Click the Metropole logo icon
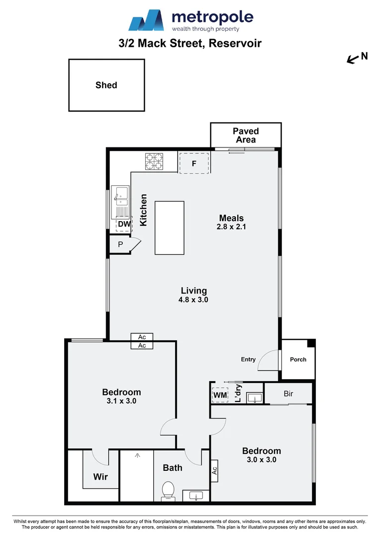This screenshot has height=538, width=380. pyautogui.click(x=146, y=20)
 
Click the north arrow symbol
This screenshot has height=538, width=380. pyautogui.click(x=353, y=60)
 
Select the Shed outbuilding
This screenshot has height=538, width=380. pyautogui.click(x=106, y=85)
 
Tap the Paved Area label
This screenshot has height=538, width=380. pyautogui.click(x=246, y=135)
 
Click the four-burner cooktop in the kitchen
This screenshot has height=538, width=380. pyautogui.click(x=154, y=162)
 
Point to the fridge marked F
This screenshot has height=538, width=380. pyautogui.click(x=194, y=163)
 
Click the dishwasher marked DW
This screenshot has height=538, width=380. pyautogui.click(x=124, y=225)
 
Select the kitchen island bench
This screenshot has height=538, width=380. pyautogui.click(x=169, y=228)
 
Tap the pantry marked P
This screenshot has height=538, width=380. pyautogui.click(x=120, y=245)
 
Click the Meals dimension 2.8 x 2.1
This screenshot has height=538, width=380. pyautogui.click(x=232, y=227)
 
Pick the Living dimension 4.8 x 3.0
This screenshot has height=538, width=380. pyautogui.click(x=193, y=300)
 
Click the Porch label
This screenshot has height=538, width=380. pyautogui.click(x=298, y=359)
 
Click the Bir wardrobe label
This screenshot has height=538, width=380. pyautogui.click(x=288, y=394)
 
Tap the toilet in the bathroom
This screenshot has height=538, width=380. pyautogui.click(x=168, y=490)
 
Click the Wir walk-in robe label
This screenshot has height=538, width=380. pyautogui.click(x=100, y=477)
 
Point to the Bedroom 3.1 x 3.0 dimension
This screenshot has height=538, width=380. pyautogui.click(x=121, y=401)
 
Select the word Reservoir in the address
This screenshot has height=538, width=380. pyautogui.click(x=235, y=43)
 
